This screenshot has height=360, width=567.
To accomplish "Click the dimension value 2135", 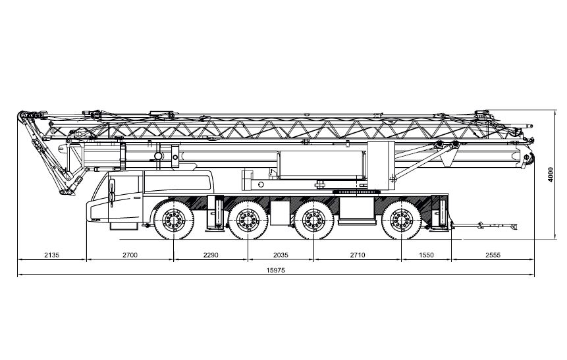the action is pos(52,255).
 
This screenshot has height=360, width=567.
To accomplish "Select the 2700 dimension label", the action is pos(130,255).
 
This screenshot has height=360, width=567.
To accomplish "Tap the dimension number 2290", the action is pos(211,255).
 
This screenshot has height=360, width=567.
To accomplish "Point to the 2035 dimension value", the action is pos(281,255).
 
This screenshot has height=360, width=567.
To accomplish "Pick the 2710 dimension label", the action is pos(358,255).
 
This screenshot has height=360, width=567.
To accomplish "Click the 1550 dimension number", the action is pos(426,255).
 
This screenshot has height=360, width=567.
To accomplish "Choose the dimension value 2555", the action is pos(493,255).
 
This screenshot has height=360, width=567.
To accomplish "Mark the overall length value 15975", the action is pos(275,270).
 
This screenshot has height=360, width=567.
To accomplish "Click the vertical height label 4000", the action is pos(551,174).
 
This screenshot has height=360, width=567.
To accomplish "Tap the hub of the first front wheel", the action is pos(174,219).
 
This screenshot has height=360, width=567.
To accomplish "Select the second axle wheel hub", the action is pos(248,219).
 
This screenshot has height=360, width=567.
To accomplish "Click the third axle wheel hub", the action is pos(313,219).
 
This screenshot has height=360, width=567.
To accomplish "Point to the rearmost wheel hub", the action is pos(402,219).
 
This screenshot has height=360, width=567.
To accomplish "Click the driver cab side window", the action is pos(177,183).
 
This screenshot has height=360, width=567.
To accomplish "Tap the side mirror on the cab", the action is pos(112,192).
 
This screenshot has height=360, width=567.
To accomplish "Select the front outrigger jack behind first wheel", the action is pos(215,213).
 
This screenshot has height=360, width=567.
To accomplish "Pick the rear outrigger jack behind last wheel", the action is pos(440,213).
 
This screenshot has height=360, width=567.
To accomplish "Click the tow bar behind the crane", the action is pos(485,226).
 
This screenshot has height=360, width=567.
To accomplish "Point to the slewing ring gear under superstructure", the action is pos(356,192).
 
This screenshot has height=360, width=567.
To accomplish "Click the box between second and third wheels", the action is pos(280,213).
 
